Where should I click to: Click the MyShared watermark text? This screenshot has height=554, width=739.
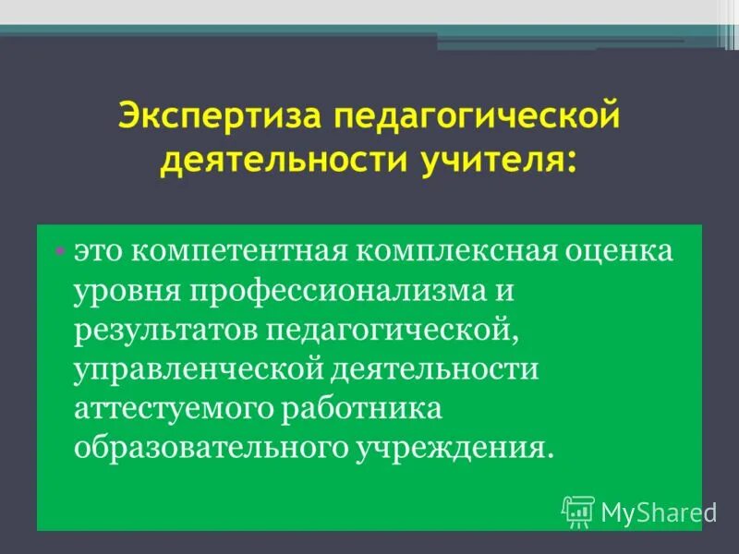coord(658,511)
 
